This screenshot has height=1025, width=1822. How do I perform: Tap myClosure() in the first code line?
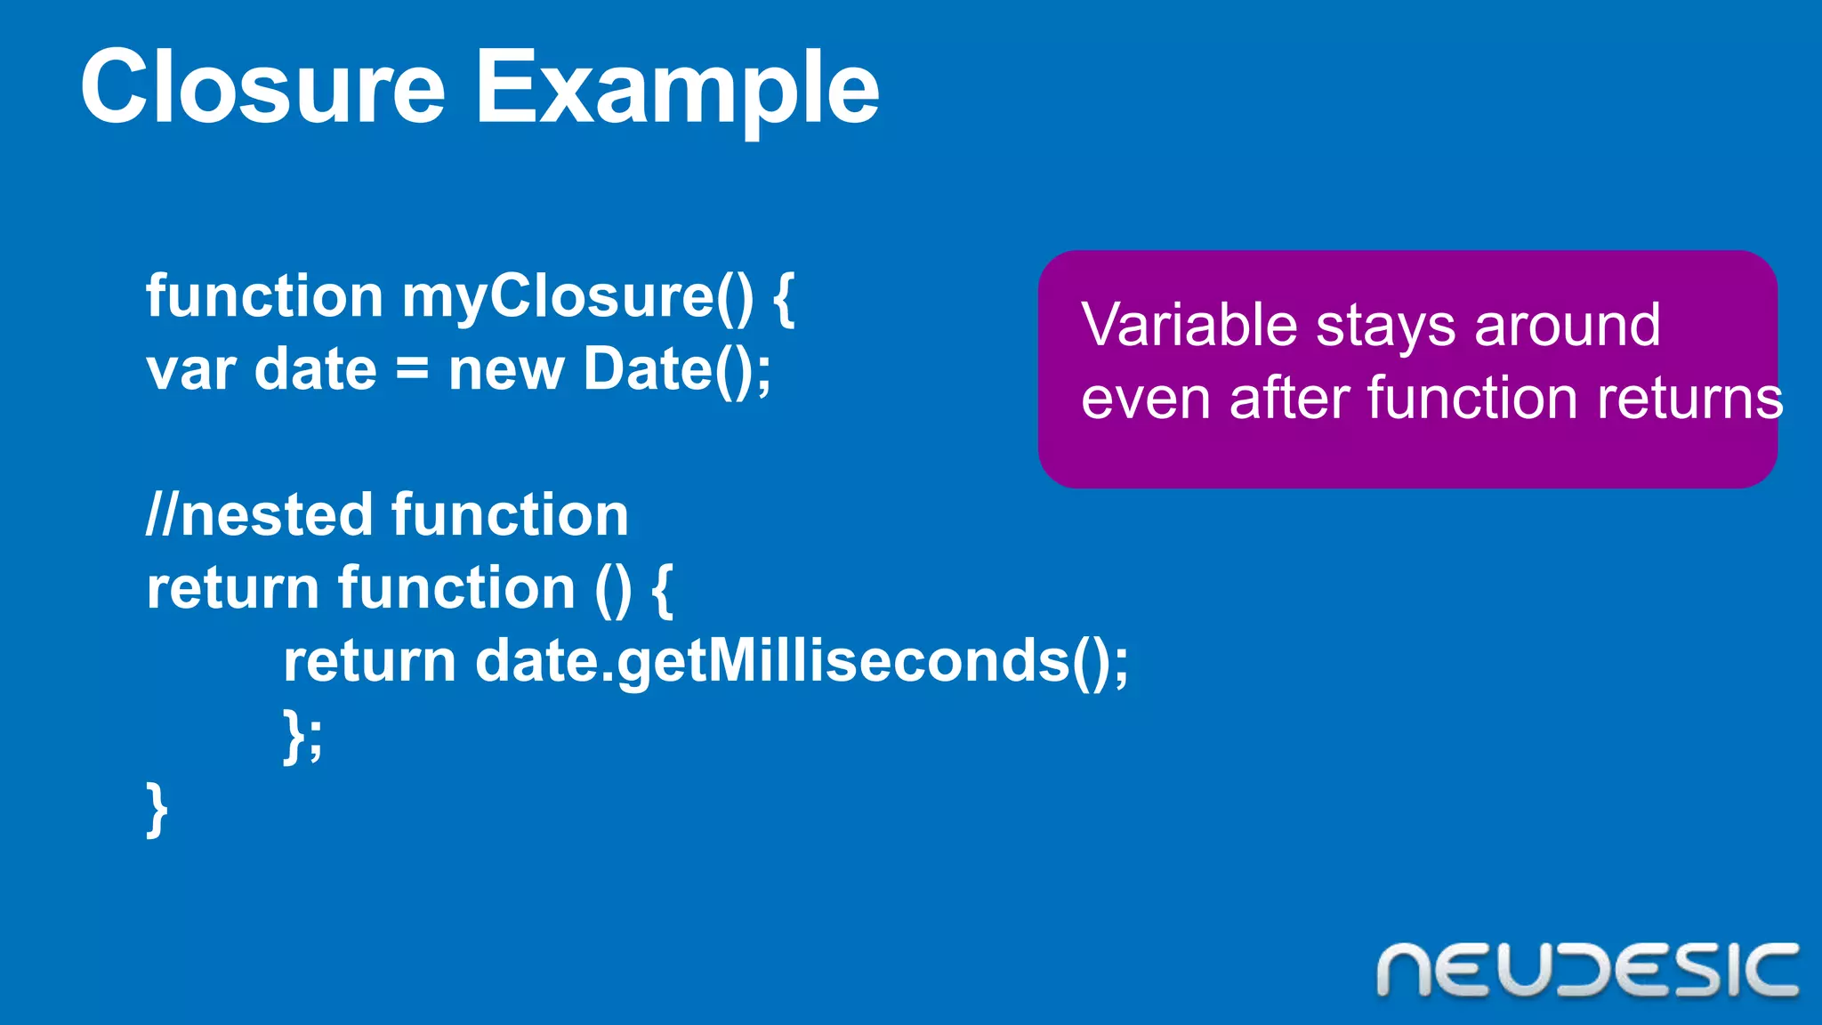pyautogui.click(x=576, y=297)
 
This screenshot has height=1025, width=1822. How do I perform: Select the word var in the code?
pyautogui.click(x=190, y=370)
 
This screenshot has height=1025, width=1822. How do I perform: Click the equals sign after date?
pyautogui.click(x=412, y=370)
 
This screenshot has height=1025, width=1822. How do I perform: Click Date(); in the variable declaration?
pyautogui.click(x=677, y=370)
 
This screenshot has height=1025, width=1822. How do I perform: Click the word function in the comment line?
pyautogui.click(x=510, y=516)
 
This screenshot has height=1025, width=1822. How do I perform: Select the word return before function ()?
pyautogui.click(x=232, y=589)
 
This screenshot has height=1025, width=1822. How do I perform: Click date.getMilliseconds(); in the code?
pyautogui.click(x=802, y=663)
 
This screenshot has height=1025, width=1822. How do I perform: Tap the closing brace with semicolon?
pyautogui.click(x=302, y=737)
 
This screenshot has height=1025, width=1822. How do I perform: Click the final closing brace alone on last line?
pyautogui.click(x=157, y=810)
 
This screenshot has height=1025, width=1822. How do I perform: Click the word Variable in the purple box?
pyautogui.click(x=1189, y=326)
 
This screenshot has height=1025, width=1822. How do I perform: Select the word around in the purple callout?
pyautogui.click(x=1568, y=326)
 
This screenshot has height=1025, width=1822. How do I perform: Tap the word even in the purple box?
pyautogui.click(x=1146, y=399)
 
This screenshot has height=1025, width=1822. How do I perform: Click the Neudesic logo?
pyautogui.click(x=1587, y=970)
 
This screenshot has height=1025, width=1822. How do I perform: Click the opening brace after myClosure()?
pyautogui.click(x=783, y=299)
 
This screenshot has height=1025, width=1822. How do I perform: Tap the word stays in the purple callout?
pyautogui.click(x=1385, y=327)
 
